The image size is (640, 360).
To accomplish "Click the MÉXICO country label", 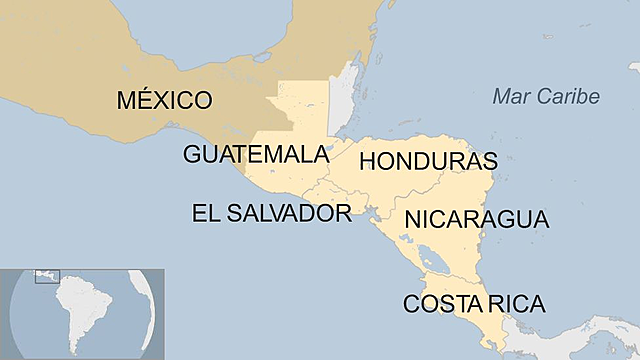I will [164, 101].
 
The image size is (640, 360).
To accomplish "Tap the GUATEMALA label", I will [256, 155].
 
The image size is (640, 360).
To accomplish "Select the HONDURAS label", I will [428, 161].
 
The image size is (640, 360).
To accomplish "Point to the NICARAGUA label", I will [476, 220].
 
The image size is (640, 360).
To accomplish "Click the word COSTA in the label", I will [440, 304].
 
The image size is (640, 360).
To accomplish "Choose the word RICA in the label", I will [513, 304].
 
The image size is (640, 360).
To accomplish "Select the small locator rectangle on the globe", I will [47, 276].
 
